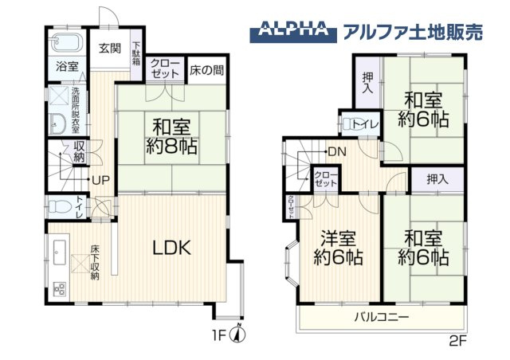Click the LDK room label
[171, 248]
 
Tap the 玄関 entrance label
[110, 48]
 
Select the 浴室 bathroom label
[67, 67]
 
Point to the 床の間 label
[206, 69]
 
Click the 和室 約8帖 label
[171, 136]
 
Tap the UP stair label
[100, 179]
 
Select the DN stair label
[335, 151]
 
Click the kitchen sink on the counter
[59, 254]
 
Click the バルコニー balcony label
[382, 317]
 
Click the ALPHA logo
[292, 32]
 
